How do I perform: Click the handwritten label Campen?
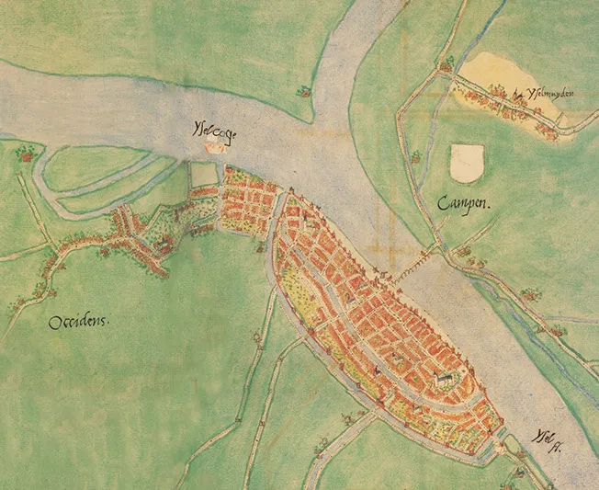(x=466, y=204)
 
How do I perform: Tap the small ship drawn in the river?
(x=213, y=145)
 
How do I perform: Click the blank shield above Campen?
(x=467, y=163)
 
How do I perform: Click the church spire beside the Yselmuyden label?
(x=519, y=94)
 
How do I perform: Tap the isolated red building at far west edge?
(x=25, y=154)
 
